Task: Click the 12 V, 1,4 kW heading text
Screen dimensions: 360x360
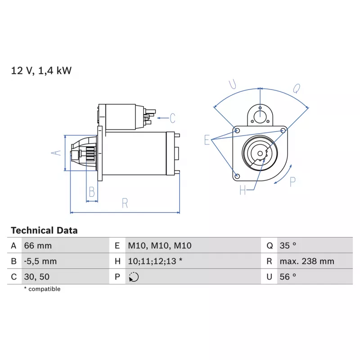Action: pos(41,71)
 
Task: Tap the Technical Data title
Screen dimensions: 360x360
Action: pos(44,230)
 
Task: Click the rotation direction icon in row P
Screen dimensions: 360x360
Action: pos(134,277)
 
